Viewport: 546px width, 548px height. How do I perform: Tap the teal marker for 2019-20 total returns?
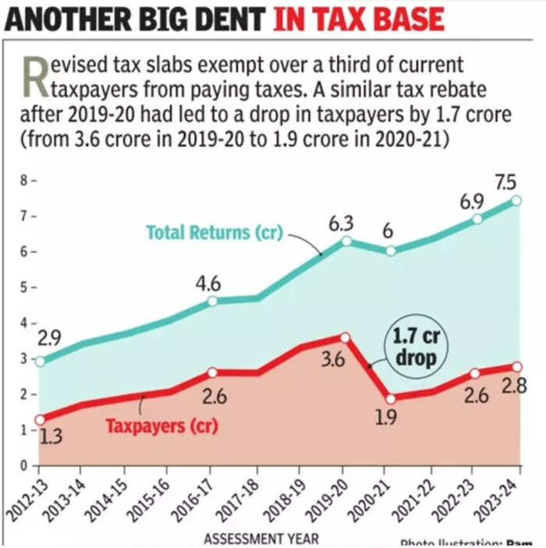346,241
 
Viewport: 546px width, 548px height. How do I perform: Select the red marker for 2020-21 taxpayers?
391,398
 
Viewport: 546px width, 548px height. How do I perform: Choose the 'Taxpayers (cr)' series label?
161,426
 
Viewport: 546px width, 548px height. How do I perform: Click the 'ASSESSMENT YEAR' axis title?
261,539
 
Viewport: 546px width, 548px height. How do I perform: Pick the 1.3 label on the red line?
51,437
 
